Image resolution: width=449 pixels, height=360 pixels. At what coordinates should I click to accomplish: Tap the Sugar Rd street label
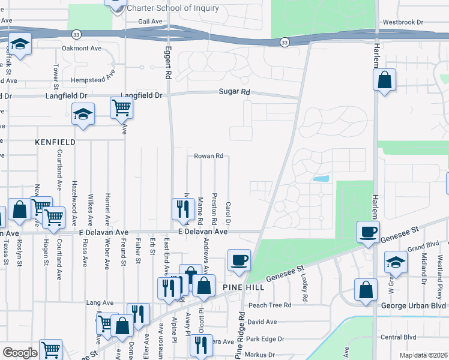(x=234, y=92)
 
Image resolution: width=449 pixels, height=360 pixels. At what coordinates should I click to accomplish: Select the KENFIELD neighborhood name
(x=55, y=142)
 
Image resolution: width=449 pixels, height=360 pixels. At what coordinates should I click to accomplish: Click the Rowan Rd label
(x=208, y=156)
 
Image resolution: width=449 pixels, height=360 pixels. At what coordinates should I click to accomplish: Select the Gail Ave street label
(x=151, y=21)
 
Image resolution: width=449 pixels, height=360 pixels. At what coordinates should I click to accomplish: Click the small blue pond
(x=321, y=179)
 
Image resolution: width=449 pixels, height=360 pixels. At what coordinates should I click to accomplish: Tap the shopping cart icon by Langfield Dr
(x=121, y=108)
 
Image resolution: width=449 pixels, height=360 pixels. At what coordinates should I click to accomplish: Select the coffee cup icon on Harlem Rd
(x=368, y=231)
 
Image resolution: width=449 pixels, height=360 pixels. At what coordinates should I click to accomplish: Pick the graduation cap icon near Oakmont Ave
(x=20, y=44)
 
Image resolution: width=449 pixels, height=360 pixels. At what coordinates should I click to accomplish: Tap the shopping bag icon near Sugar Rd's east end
(x=384, y=80)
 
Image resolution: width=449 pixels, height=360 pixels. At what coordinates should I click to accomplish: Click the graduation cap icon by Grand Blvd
(x=396, y=262)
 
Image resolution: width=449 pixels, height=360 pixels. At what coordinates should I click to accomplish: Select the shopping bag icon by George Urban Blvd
(x=366, y=290)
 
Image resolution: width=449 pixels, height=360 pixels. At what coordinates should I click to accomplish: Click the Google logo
(x=20, y=353)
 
